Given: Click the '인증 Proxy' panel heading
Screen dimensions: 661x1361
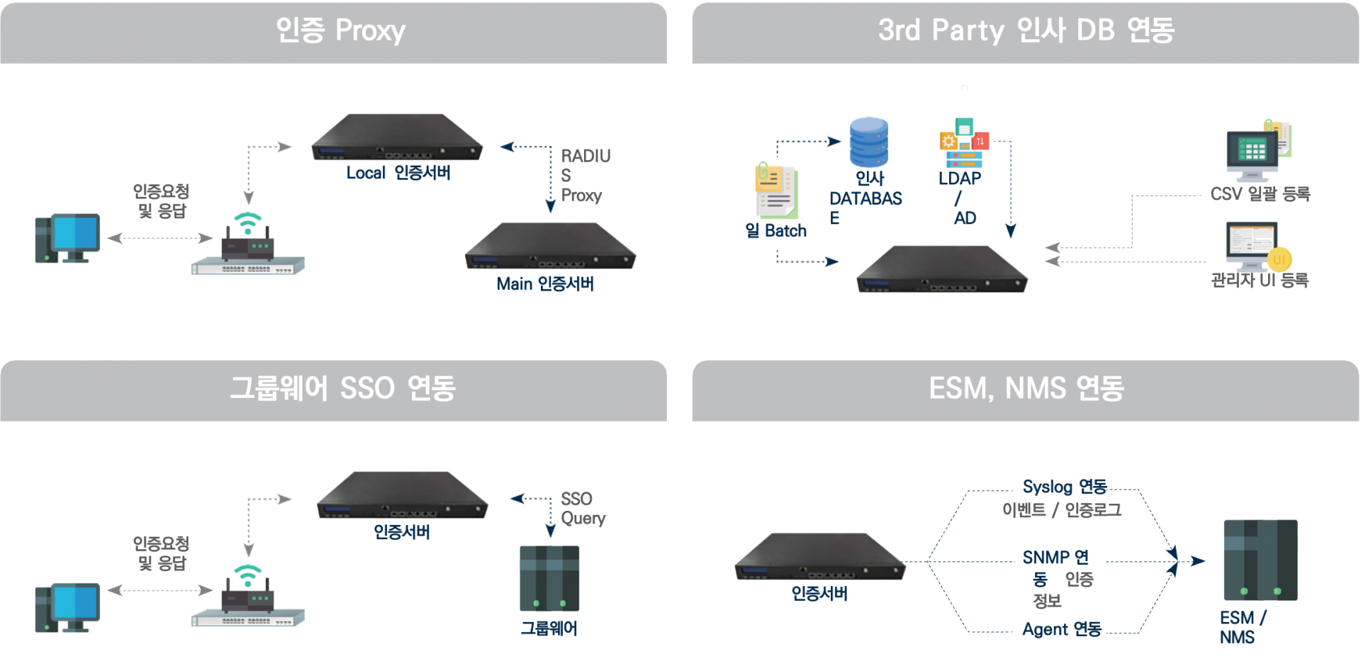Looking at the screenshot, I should [x=340, y=30].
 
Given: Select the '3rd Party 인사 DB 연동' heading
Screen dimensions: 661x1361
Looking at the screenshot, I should [x=1026, y=30].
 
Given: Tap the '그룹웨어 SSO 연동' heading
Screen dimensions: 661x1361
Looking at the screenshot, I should [x=342, y=388].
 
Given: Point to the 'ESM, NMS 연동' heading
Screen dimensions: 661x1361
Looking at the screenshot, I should [x=1026, y=388].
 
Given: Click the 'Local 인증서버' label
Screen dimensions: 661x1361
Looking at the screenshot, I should [x=398, y=173].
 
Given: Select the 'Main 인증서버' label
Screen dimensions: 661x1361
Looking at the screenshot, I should [x=545, y=284].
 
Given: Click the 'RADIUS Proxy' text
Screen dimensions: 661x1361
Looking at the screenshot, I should [x=584, y=176].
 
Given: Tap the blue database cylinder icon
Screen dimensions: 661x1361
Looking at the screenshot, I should [x=869, y=142].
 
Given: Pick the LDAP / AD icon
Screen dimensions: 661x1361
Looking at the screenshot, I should [x=963, y=143].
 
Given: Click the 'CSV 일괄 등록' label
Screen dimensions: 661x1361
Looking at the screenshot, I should [x=1260, y=193].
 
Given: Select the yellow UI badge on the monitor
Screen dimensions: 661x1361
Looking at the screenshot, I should [x=1279, y=259].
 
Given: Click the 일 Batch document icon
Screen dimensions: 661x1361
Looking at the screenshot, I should [x=777, y=191].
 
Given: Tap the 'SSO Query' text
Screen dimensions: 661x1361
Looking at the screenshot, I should [x=583, y=509].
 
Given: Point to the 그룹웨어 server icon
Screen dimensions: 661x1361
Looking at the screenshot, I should [x=549, y=578].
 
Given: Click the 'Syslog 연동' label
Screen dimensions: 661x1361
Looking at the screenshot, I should [x=1064, y=487].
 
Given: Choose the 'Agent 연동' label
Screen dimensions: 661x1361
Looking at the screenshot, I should [x=1061, y=629].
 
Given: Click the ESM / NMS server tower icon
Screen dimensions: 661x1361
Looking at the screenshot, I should [x=1260, y=560].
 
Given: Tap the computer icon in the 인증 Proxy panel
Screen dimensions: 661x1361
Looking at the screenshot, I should [x=67, y=238].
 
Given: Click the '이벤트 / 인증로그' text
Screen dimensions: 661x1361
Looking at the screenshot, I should [x=1061, y=510].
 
